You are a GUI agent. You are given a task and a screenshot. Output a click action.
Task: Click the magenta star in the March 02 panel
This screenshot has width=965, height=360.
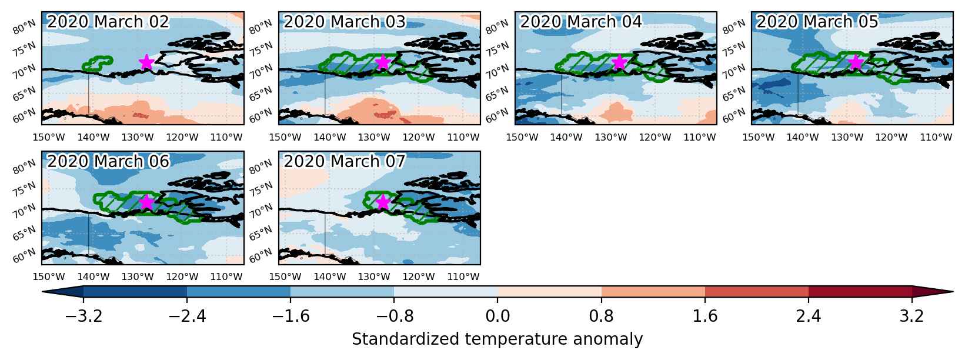point(146,62)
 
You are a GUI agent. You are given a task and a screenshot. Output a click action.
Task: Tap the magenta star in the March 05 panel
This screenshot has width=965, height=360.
point(856,62)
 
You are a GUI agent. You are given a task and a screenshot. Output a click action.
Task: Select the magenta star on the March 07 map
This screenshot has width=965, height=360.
point(383,202)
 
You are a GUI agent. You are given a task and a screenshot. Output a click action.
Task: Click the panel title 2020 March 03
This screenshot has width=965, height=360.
point(345,22)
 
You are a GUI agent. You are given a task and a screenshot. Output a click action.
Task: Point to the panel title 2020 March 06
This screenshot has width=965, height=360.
point(108,161)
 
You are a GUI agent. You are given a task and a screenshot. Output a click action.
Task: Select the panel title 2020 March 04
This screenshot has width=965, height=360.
point(581,22)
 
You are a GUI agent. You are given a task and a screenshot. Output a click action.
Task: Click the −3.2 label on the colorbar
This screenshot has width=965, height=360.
point(84,316)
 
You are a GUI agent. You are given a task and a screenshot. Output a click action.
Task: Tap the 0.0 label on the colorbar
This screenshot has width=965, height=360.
point(497,316)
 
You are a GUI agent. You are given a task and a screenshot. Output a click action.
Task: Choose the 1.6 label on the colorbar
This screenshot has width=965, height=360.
point(705,316)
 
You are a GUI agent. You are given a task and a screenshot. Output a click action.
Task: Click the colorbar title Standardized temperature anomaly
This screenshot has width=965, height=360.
point(497,339)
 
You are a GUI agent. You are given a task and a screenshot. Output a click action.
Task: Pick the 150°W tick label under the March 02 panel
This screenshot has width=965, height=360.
point(49,137)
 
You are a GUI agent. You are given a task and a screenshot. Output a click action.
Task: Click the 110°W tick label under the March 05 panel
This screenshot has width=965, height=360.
point(936,137)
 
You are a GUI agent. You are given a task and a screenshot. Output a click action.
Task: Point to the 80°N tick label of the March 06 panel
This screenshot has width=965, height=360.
point(24,166)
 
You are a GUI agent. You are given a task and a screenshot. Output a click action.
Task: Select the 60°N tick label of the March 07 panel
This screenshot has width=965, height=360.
point(261,255)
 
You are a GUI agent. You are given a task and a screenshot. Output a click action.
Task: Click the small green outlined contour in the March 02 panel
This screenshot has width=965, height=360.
point(98,64)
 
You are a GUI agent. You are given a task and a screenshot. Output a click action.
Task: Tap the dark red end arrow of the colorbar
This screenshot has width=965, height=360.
point(933,291)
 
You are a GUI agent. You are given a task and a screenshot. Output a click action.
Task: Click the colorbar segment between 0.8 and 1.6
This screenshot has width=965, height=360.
point(653,291)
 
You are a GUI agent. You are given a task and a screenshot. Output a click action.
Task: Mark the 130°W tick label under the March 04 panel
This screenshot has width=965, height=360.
point(611,137)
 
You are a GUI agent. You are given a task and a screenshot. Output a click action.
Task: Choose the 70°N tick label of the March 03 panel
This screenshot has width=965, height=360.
point(261,71)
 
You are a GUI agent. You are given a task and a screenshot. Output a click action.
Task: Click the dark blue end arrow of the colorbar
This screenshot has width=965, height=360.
point(62,291)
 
